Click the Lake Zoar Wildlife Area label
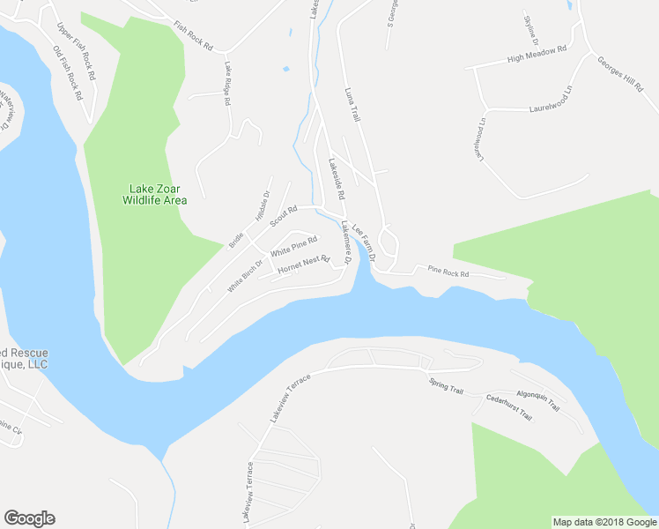pyautogui.click(x=158, y=193)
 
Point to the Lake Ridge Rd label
pyautogui.click(x=227, y=85)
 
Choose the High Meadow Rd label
pyautogui.click(x=537, y=56)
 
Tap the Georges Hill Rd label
pyautogui.click(x=620, y=76)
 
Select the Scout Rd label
pyautogui.click(x=284, y=215)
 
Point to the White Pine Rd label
pyautogui.click(x=293, y=246)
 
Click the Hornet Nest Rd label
pyautogui.click(x=303, y=264)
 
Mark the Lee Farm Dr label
pyautogui.click(x=364, y=243)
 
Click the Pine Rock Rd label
pyautogui.click(x=449, y=272)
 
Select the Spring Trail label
pyautogui.click(x=445, y=385)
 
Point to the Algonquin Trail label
pyautogui.click(x=537, y=401)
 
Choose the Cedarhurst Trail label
pyautogui.click(x=509, y=406)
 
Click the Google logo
pyautogui.click(x=29, y=518)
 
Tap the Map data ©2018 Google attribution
pyautogui.click(x=604, y=522)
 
